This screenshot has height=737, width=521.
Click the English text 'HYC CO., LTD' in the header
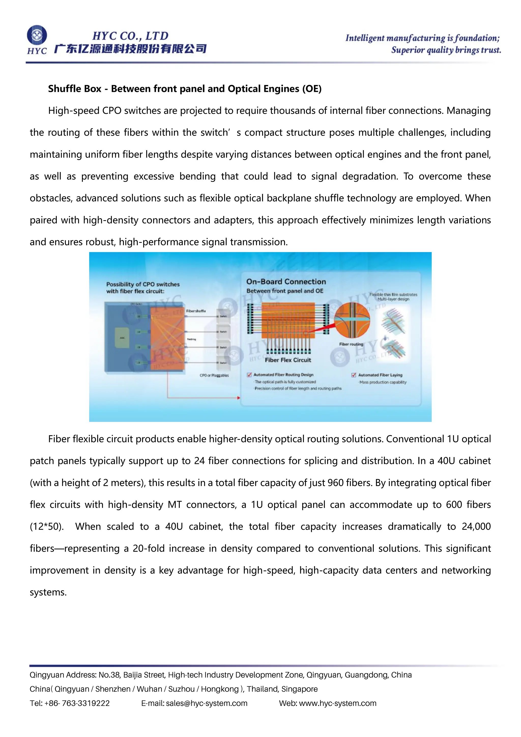click(x=130, y=36)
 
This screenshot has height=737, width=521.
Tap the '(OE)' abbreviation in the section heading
click(x=312, y=89)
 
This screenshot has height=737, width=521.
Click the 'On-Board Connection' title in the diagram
click(x=286, y=281)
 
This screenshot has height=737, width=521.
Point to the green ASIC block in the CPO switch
click(x=122, y=338)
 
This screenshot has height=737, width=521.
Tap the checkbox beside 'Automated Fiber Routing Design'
click(x=249, y=375)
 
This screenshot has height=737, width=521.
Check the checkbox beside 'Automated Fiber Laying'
click(x=354, y=375)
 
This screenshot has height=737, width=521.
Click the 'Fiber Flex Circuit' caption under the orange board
click(x=288, y=360)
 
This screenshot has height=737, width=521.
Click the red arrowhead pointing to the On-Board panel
click(x=238, y=398)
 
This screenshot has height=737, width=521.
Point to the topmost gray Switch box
click(x=223, y=316)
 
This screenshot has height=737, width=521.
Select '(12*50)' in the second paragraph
click(x=47, y=527)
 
